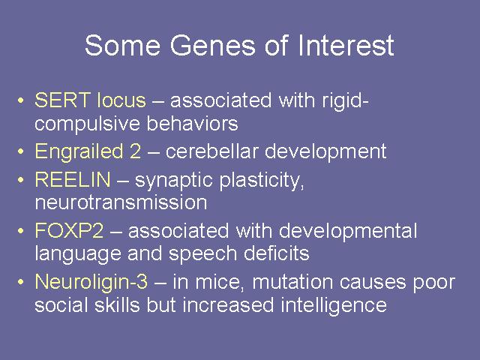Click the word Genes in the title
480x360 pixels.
point(212,45)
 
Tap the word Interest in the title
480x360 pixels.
point(345,45)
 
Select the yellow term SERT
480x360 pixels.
point(62,100)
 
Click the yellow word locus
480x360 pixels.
point(121,100)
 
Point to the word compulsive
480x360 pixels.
point(88,124)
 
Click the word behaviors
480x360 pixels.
point(192,123)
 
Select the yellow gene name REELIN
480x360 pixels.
point(73,179)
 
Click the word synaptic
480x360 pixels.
point(174,181)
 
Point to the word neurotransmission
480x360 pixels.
point(121,202)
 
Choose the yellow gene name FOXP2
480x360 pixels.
point(69,230)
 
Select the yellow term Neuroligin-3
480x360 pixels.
point(91,282)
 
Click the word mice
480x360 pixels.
point(218,282)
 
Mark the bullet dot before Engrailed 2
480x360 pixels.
point(20,151)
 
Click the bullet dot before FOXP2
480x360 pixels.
point(20,231)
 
